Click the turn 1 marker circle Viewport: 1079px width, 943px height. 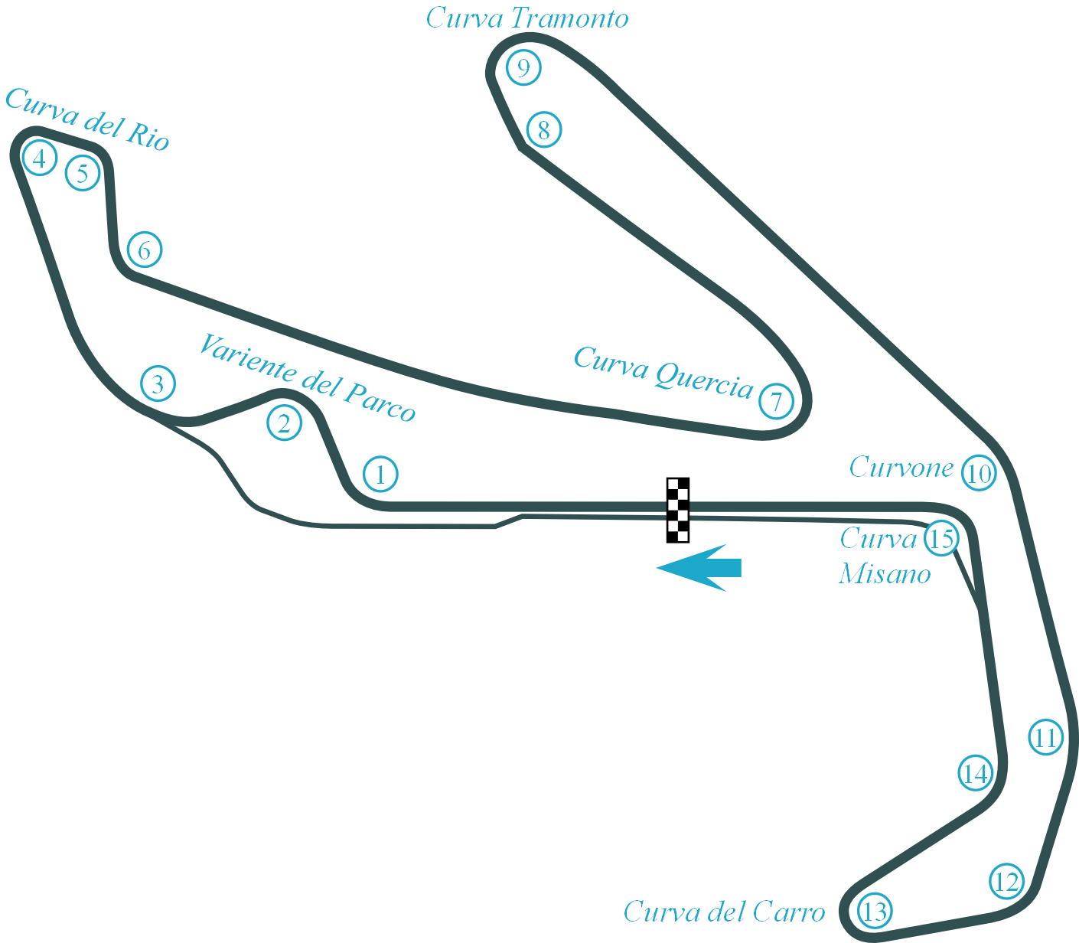[380, 475]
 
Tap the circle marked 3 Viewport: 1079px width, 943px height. [158, 383]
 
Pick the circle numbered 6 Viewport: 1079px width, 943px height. [145, 250]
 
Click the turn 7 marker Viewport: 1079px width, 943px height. [777, 401]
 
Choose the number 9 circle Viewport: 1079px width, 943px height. [523, 69]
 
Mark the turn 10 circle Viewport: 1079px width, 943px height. [978, 474]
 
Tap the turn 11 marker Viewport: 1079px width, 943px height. [1045, 738]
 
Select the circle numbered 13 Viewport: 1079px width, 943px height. [875, 912]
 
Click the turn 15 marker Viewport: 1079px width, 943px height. [941, 539]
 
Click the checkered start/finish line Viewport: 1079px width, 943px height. [676, 507]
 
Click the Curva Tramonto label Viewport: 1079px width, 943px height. [528, 18]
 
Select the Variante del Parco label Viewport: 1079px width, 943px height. [307, 377]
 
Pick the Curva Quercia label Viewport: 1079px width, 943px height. [663, 372]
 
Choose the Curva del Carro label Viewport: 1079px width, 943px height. [725, 912]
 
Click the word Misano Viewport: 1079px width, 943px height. [885, 574]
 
